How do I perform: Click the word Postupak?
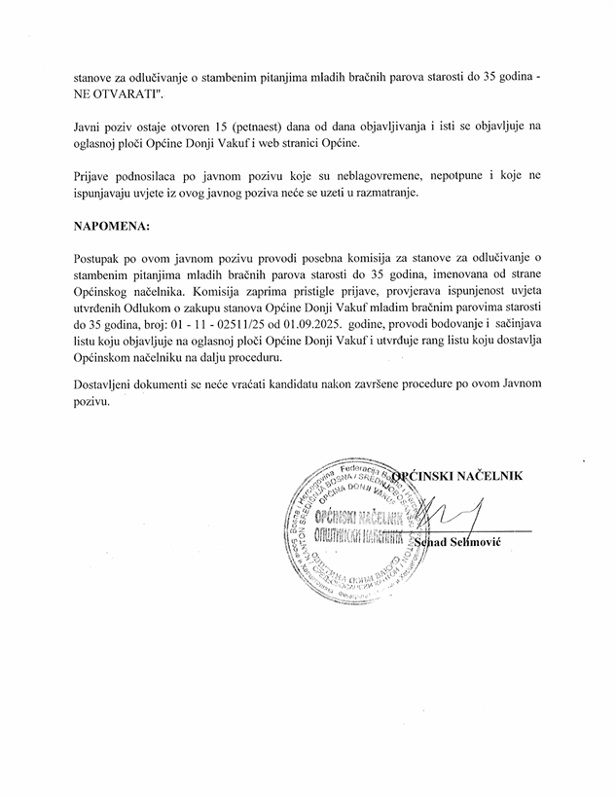coord(100,257)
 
